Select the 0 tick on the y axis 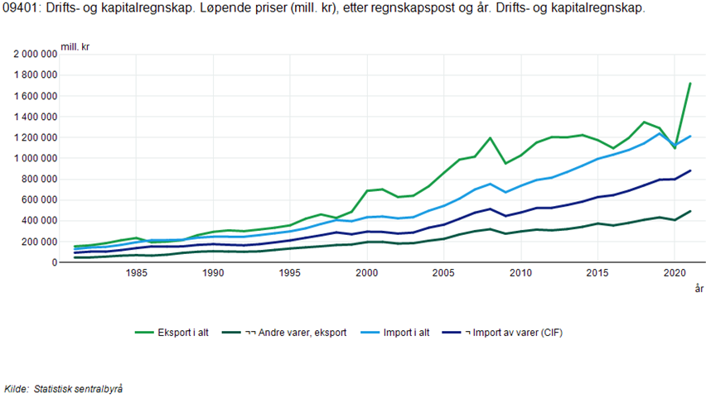(54, 262)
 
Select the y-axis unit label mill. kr (75, 46)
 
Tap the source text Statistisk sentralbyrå (79, 388)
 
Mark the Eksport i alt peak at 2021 (689, 83)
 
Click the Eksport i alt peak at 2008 (490, 138)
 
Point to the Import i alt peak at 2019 (659, 133)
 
